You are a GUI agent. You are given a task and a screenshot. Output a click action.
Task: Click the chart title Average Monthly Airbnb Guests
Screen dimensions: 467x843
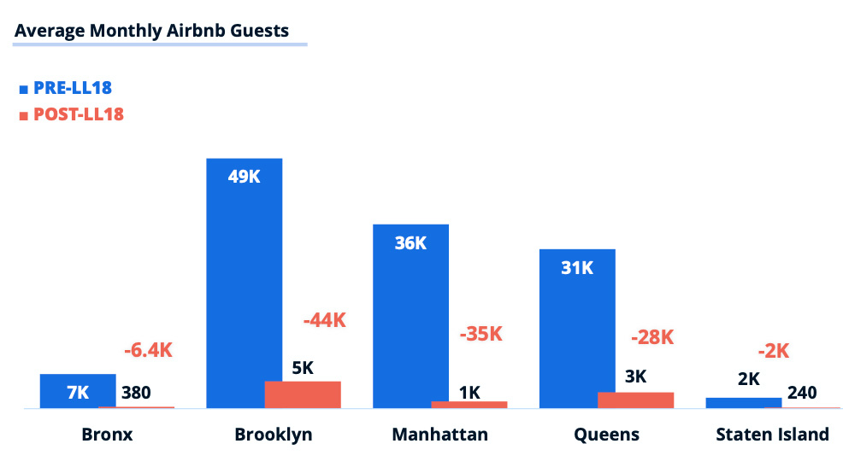pyautogui.click(x=151, y=31)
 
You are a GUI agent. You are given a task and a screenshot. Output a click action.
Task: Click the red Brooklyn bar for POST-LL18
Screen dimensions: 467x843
pyautogui.click(x=303, y=394)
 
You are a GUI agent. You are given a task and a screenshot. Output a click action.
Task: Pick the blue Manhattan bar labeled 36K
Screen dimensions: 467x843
pyautogui.click(x=410, y=316)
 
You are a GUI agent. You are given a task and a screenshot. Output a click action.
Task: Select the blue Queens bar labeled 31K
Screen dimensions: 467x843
pyautogui.click(x=577, y=329)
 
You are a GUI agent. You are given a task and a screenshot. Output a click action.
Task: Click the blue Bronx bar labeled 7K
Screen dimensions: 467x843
pyautogui.click(x=78, y=391)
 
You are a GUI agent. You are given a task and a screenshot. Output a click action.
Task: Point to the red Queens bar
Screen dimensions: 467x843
pyautogui.click(x=635, y=400)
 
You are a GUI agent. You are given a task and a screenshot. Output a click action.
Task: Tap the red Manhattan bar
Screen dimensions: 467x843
pyautogui.click(x=469, y=405)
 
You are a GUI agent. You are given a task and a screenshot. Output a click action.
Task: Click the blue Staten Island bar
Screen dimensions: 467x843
pyautogui.click(x=743, y=403)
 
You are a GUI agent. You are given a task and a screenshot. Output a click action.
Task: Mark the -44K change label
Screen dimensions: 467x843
pyautogui.click(x=325, y=320)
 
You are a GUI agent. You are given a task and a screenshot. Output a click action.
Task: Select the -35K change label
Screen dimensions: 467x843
pyautogui.click(x=480, y=334)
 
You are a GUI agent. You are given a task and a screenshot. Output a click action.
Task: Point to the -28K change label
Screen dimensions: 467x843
pyautogui.click(x=652, y=337)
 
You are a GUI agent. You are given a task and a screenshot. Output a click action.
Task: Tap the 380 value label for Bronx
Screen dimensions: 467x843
pyautogui.click(x=137, y=393)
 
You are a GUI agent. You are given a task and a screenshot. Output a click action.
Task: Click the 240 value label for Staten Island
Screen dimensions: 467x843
pyautogui.click(x=802, y=393)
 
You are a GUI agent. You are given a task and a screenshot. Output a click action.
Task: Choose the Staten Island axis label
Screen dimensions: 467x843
pyautogui.click(x=772, y=435)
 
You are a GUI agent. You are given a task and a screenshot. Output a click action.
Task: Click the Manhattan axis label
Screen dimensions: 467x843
pyautogui.click(x=439, y=435)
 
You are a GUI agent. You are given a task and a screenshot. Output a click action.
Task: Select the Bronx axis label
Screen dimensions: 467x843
pyautogui.click(x=107, y=435)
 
